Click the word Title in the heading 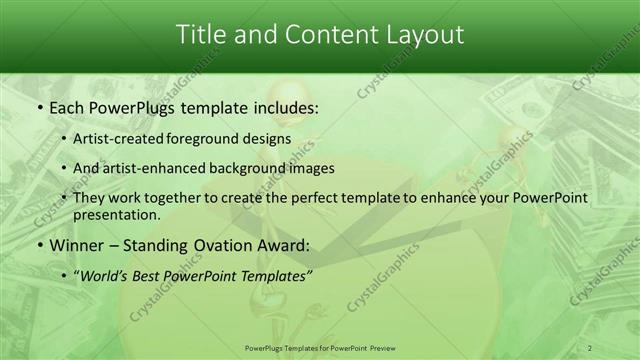[x=201, y=35]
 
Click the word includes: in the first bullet [x=286, y=107]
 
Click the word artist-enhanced [x=151, y=168]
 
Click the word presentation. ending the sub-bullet [x=117, y=214]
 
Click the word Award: [x=277, y=244]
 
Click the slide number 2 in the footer [x=590, y=348]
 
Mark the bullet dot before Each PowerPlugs [x=38, y=107]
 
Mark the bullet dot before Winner [x=38, y=244]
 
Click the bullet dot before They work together [x=64, y=198]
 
